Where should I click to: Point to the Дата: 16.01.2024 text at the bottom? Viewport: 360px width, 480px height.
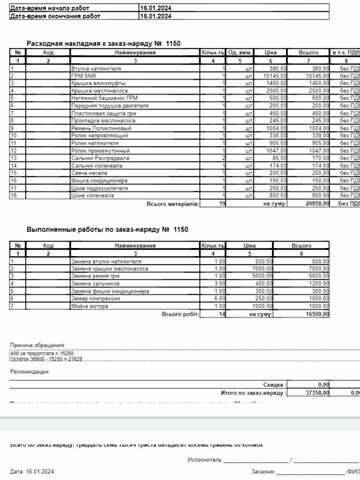click(30, 469)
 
